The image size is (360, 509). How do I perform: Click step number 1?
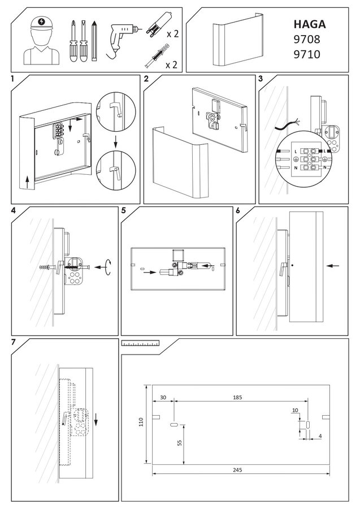pos(12,80)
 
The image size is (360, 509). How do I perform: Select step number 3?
pos(261,79)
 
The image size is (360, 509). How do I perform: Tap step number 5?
pos(124,210)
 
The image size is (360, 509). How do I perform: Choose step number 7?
pos(13,343)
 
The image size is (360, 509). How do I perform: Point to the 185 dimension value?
pos(237,398)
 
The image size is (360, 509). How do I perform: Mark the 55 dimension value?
pos(179,443)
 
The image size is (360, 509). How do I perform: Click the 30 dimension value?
pos(163,398)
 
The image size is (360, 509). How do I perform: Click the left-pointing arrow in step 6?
pos(333,264)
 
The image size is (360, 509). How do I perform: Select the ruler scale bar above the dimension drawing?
pos(140,343)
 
